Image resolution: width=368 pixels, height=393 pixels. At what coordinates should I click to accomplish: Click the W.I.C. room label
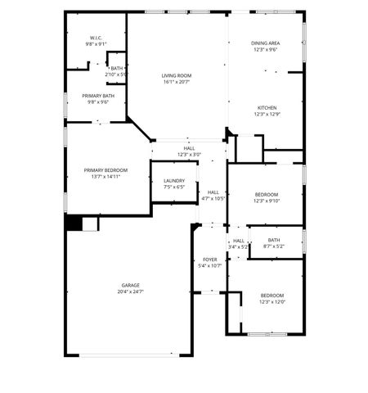(96, 38)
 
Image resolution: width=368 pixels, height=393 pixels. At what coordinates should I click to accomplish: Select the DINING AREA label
(266, 43)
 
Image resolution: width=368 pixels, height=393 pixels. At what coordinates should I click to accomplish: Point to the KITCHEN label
(267, 108)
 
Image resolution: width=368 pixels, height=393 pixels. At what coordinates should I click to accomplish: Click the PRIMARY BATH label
(97, 96)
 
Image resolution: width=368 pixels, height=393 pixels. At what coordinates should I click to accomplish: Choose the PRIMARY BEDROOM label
(107, 170)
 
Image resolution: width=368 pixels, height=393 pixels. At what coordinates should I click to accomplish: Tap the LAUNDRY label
(174, 181)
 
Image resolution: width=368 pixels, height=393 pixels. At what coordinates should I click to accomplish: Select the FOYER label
(210, 260)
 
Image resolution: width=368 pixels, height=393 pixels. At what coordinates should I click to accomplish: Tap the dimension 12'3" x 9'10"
(267, 201)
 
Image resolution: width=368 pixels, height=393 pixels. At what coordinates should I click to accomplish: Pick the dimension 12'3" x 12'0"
(272, 301)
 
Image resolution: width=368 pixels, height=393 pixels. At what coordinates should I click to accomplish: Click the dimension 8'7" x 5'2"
(273, 246)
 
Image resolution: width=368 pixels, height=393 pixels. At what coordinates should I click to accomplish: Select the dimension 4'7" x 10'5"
(213, 198)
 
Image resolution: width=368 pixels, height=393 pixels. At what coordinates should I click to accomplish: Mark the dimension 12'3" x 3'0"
(189, 155)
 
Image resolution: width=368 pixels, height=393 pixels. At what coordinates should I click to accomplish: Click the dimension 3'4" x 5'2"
(238, 246)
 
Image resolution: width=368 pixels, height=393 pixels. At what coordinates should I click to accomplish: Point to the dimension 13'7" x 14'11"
(107, 177)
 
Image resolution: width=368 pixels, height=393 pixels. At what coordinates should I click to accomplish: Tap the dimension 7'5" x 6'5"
(174, 187)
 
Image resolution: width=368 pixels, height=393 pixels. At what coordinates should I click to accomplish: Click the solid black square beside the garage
(74, 223)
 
